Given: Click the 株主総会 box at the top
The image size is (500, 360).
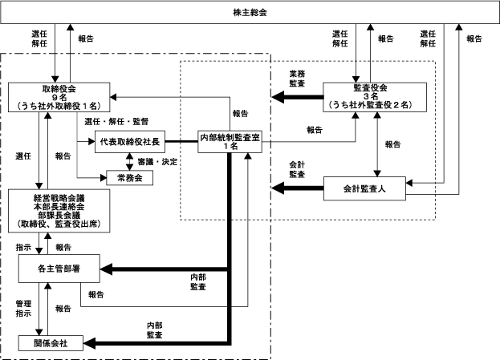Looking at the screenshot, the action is point(250,12).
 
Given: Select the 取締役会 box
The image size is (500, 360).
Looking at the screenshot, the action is point(59,97).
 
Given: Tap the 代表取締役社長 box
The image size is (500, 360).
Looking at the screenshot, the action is point(130,141).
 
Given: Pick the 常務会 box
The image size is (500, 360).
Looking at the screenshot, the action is point(129,178).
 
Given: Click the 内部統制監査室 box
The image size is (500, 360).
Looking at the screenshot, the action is point(230,141).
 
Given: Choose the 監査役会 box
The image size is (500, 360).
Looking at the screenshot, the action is point(375,97).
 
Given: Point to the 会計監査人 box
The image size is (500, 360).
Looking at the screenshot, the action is point(364,188).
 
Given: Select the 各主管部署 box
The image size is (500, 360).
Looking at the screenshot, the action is point(59,269).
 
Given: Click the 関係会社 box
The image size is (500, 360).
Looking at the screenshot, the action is point(51,343).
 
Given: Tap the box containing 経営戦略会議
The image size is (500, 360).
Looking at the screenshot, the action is point(59,211).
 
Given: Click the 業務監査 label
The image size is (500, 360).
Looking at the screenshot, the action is point(297,79).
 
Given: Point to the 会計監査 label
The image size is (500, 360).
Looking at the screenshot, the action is point(297,169).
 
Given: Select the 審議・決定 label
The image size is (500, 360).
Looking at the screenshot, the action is point(157,162).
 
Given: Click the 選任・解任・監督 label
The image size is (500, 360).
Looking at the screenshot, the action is point(116,121).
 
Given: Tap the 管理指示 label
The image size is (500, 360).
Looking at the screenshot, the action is point(23,309).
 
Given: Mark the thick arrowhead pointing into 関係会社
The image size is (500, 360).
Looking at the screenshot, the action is point(90,343).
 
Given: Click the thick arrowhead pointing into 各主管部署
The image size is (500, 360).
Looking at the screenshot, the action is point(106,269).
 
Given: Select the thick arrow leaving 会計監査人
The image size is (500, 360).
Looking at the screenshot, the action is point(298,188).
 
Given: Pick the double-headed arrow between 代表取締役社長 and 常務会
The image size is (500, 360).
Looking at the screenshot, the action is point(129,161).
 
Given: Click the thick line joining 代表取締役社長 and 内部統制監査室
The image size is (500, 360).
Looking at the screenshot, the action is point(181,141).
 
